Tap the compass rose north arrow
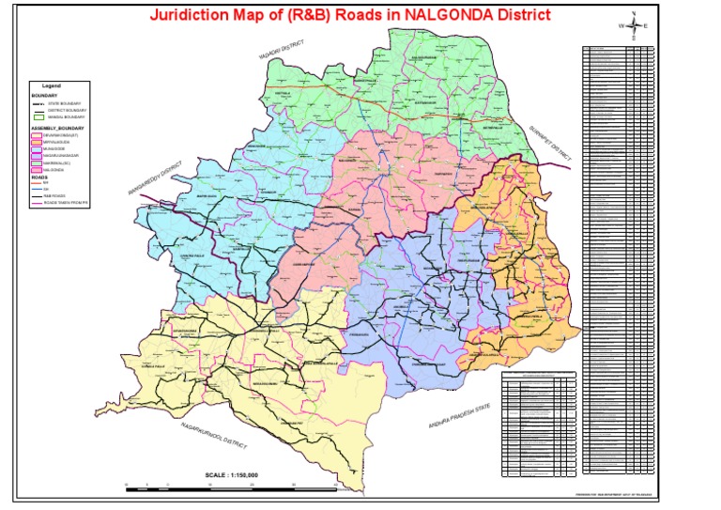point(634,25)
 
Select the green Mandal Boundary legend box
point(40,116)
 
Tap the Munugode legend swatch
point(38,148)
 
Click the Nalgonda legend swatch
point(38,171)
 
